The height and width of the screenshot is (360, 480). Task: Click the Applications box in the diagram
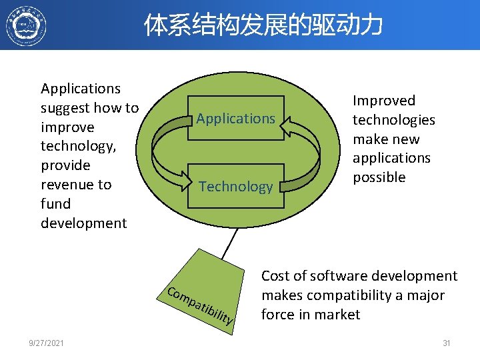(x=236, y=119)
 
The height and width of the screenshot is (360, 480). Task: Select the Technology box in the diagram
(x=236, y=187)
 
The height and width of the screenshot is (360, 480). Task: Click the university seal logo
(x=26, y=26)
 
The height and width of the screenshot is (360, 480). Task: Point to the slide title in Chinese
(x=263, y=25)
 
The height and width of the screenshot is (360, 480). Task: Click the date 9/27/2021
(x=46, y=343)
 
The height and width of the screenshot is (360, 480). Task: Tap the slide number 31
(x=447, y=343)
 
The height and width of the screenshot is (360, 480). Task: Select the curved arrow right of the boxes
(x=307, y=153)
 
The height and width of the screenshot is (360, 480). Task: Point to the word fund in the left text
(x=55, y=203)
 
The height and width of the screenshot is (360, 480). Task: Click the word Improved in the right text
(x=383, y=101)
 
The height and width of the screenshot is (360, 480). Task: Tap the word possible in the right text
(x=379, y=177)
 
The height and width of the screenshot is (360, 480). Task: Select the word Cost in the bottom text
(x=275, y=276)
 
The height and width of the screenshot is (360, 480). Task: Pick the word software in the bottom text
(x=336, y=276)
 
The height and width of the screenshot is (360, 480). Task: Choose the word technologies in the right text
(x=393, y=120)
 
